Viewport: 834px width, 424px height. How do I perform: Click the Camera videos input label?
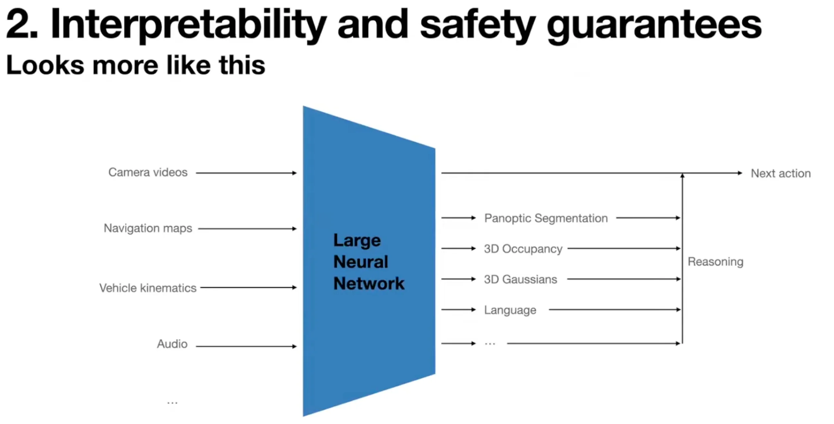point(148,172)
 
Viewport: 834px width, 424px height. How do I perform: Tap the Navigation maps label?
point(148,228)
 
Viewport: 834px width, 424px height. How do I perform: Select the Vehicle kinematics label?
point(148,288)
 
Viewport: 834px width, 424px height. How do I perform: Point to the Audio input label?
point(172,344)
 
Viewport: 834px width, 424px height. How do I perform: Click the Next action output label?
point(781,173)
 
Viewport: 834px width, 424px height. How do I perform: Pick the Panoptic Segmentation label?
point(546,218)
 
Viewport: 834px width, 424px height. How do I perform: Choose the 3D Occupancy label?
point(523,249)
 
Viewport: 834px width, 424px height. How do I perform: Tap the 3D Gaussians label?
point(520,279)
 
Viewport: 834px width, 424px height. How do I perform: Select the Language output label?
point(510,310)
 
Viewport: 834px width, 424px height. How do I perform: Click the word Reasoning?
point(715,262)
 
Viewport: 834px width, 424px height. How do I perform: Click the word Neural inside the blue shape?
point(361,262)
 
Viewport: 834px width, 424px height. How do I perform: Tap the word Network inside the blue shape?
point(369,283)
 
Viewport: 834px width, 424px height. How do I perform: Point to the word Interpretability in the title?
point(188,25)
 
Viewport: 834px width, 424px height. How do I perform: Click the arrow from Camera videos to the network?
point(246,173)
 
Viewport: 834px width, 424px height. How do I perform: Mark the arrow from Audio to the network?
point(246,346)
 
